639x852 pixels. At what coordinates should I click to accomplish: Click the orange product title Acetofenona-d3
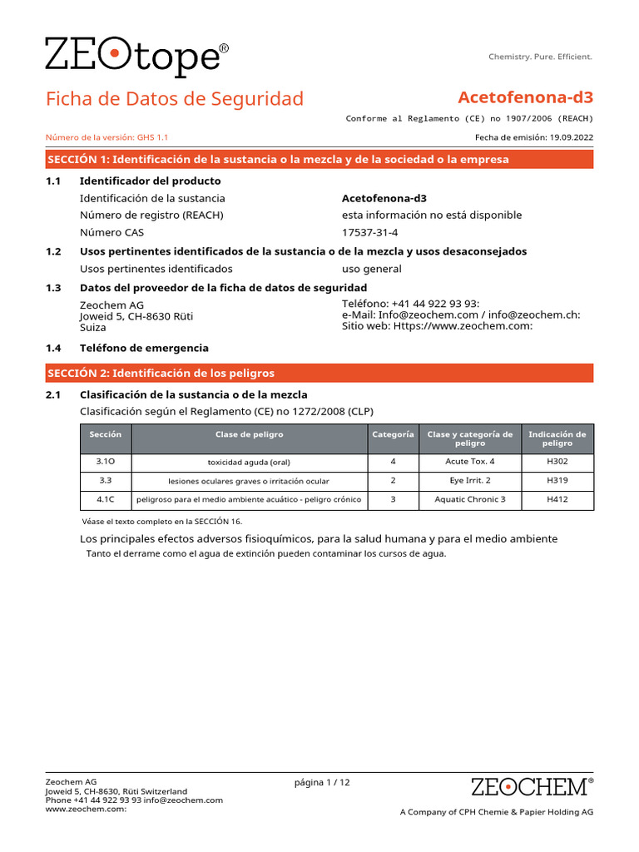pyautogui.click(x=525, y=98)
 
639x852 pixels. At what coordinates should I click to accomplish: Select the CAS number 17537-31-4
pyautogui.click(x=370, y=233)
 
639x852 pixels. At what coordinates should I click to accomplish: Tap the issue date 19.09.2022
pyautogui.click(x=572, y=138)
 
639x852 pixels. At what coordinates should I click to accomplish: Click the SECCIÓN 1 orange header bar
pyautogui.click(x=319, y=159)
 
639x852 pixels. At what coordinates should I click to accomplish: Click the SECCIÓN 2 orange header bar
pyautogui.click(x=319, y=373)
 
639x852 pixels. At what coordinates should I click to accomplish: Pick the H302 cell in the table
pyautogui.click(x=557, y=461)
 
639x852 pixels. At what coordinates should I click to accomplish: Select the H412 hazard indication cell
pyautogui.click(x=557, y=499)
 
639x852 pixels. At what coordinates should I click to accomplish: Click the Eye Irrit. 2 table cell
pyautogui.click(x=469, y=481)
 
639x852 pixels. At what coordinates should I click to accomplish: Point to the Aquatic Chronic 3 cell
pyautogui.click(x=469, y=499)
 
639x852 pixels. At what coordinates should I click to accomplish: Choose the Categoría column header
pyautogui.click(x=393, y=434)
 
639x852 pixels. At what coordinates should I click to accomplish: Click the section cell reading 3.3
pyautogui.click(x=105, y=481)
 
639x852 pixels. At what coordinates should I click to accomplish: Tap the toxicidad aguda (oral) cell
pyautogui.click(x=249, y=462)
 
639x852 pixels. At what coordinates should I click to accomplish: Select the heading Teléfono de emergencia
pyautogui.click(x=144, y=348)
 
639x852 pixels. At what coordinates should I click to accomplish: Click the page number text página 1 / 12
pyautogui.click(x=322, y=782)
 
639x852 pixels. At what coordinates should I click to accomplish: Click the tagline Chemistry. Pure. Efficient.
pyautogui.click(x=540, y=57)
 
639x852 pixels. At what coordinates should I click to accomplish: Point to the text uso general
pyautogui.click(x=371, y=269)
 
